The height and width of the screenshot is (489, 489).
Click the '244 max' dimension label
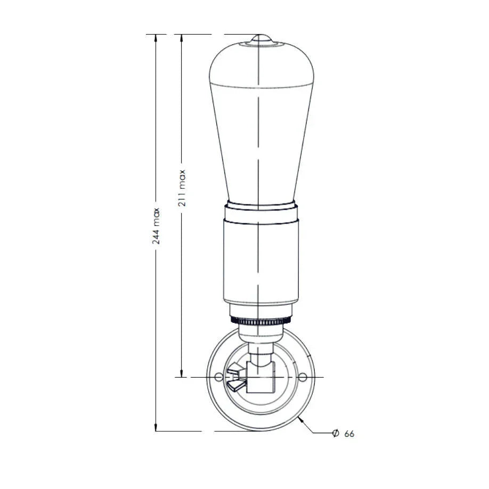(x=156, y=226)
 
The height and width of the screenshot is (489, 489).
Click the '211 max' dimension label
(x=182, y=188)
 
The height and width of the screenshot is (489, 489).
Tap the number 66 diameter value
(x=349, y=434)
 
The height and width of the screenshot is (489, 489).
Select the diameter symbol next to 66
(x=336, y=433)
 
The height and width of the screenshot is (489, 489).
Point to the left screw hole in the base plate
(x=219, y=377)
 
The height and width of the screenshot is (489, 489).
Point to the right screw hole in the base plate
(x=302, y=377)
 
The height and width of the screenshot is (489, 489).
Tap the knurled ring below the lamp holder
(x=261, y=320)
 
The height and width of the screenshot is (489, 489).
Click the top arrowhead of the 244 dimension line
(x=156, y=37)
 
